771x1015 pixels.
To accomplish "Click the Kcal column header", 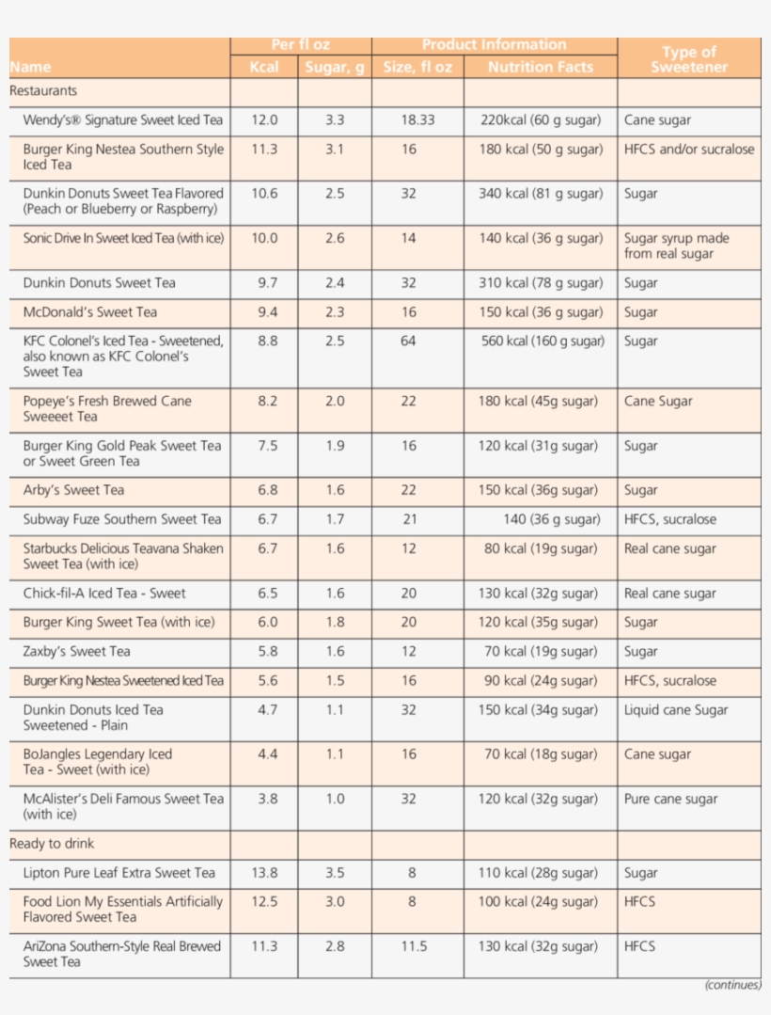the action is [x=264, y=67].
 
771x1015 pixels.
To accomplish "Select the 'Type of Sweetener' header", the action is [x=688, y=59].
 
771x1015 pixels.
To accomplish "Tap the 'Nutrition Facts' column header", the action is [x=541, y=67].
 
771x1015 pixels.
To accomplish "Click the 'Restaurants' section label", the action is [x=43, y=91].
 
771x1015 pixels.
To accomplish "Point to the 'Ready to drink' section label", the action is [x=52, y=844].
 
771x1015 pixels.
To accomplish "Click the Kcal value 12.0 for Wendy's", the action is [x=264, y=120].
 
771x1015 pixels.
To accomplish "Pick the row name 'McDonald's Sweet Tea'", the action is [x=90, y=312].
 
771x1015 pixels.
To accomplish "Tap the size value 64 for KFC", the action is [x=408, y=341].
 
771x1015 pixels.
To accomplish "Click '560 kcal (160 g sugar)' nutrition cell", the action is [x=541, y=341].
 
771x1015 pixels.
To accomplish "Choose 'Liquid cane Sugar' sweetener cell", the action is [x=676, y=710].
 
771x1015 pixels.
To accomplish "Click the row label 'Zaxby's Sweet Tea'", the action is [x=77, y=652].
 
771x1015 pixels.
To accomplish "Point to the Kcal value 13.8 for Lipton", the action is [x=264, y=873].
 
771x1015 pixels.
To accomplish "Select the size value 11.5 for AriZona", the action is [x=414, y=946].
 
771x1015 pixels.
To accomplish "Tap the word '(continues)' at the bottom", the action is [x=732, y=986].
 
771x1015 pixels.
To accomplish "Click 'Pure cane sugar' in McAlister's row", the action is [x=670, y=800].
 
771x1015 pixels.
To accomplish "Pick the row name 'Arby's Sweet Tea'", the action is [x=73, y=490].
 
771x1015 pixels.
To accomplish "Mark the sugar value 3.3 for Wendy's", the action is [x=335, y=120].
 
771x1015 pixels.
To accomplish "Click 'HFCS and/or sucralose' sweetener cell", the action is [x=689, y=150].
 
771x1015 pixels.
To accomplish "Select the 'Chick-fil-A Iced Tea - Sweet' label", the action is [x=104, y=594].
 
